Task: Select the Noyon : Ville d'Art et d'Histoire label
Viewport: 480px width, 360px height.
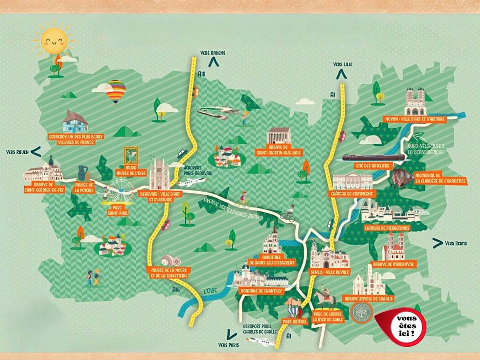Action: tap(409, 119)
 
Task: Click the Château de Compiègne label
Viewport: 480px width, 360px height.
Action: tap(352, 194)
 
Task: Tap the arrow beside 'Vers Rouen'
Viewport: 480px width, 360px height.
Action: tap(36, 151)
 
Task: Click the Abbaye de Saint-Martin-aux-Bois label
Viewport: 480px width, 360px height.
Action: tap(279, 150)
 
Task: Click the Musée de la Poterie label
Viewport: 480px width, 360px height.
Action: tap(85, 187)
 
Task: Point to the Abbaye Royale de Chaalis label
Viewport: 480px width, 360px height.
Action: tap(368, 299)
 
